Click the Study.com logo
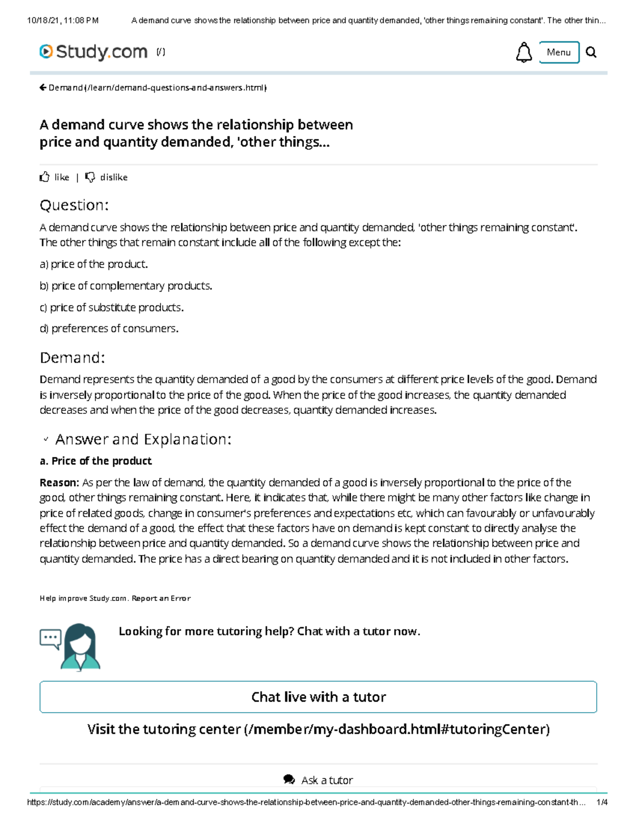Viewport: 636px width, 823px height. coord(93,52)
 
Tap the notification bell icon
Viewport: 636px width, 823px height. coord(524,52)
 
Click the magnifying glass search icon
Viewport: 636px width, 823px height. coord(591,52)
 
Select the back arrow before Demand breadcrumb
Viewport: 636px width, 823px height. coord(43,87)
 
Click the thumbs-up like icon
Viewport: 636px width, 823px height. coord(45,177)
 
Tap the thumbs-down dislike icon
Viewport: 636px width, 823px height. coord(90,177)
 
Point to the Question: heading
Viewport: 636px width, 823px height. coord(74,205)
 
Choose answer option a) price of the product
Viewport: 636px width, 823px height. coord(93,264)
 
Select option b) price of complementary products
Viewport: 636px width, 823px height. coord(126,286)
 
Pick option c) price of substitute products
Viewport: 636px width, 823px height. coord(111,307)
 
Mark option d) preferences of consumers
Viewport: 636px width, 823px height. coord(109,329)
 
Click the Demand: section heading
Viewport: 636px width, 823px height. coord(72,358)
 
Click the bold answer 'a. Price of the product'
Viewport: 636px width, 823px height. coord(95,461)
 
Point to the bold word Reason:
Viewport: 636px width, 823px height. coord(59,482)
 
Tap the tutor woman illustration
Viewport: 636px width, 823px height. coord(79,647)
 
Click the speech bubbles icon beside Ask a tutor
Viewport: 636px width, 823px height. coord(289,780)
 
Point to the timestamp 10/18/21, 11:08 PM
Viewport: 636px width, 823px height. coord(63,21)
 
